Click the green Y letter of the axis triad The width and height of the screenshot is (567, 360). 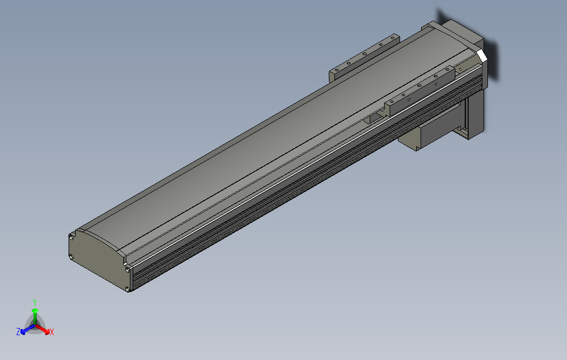click(x=34, y=302)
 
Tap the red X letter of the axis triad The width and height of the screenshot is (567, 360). click(x=52, y=332)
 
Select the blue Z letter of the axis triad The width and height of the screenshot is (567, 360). click(x=18, y=332)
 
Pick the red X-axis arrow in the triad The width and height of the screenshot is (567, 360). click(x=44, y=330)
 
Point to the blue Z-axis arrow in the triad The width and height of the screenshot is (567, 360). click(x=25, y=330)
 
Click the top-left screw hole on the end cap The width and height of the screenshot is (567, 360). click(x=72, y=237)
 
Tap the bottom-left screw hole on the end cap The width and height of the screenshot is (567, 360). click(x=72, y=257)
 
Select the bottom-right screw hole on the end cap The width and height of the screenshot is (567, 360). click(x=128, y=288)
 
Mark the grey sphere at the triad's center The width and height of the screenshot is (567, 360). click(x=35, y=325)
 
